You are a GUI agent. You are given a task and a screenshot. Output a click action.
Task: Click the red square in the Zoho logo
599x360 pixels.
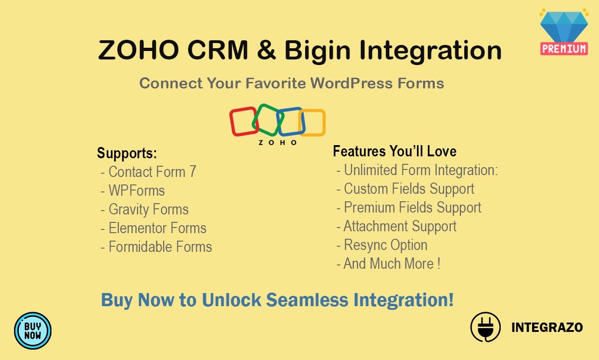pyautogui.click(x=243, y=121)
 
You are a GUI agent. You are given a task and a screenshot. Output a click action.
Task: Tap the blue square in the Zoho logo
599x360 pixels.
pyautogui.click(x=291, y=121)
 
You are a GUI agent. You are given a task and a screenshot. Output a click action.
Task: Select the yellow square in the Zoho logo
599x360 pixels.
pyautogui.click(x=313, y=123)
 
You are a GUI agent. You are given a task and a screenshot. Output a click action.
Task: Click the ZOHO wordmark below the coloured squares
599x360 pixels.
pyautogui.click(x=278, y=142)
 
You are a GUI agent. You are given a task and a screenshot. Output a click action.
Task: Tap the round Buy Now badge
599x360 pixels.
pyautogui.click(x=33, y=331)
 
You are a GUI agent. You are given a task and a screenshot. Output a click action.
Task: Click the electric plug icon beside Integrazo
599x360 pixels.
pyautogui.click(x=485, y=327)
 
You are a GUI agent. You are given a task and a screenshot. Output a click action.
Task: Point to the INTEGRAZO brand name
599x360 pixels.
pyautogui.click(x=547, y=327)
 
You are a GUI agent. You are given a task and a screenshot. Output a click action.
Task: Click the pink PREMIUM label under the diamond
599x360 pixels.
pyautogui.click(x=564, y=49)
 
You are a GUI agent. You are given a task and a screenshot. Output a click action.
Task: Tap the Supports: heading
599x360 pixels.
pyautogui.click(x=127, y=153)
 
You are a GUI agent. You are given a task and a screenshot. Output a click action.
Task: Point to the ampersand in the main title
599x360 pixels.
pyautogui.click(x=266, y=50)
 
